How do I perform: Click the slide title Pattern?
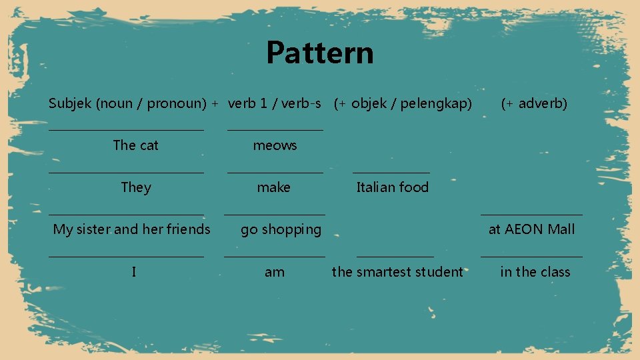click(320, 53)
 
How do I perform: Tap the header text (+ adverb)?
click(534, 103)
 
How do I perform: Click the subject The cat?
click(136, 145)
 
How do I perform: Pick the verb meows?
click(275, 145)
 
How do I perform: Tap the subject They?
click(136, 187)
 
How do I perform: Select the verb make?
click(274, 187)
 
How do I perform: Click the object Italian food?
click(392, 187)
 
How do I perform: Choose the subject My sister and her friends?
click(131, 229)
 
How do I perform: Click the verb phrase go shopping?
click(281, 230)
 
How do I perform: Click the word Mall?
click(561, 229)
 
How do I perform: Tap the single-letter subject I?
click(134, 272)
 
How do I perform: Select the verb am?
click(274, 272)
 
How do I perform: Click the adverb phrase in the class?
click(535, 272)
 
